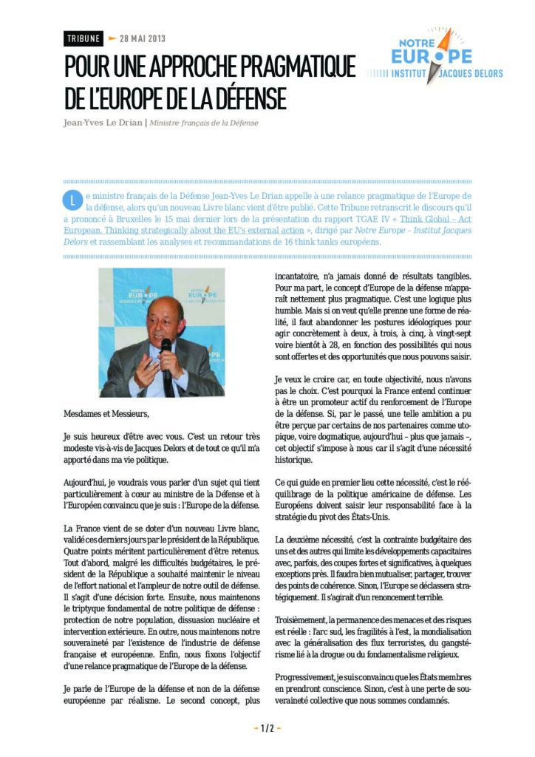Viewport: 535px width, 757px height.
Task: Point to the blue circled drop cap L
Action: pos(72,200)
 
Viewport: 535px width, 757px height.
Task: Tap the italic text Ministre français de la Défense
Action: pos(204,123)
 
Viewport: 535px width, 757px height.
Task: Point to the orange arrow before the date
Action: pos(112,38)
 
